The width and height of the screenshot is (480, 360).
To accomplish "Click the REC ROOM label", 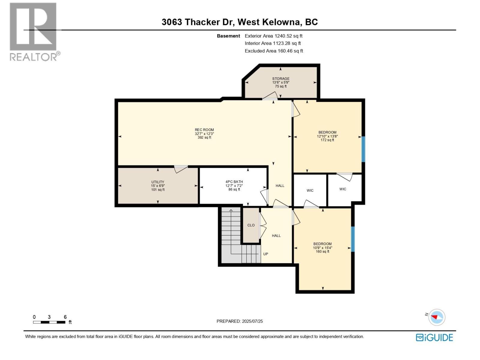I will pos(204,130).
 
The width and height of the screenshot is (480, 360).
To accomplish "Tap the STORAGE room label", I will pos(281,79).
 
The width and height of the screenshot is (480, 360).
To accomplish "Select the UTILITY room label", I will pos(158,182).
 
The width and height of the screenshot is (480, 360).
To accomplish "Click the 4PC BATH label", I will pos(234,181).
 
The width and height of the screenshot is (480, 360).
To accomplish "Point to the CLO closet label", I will pos(251,225).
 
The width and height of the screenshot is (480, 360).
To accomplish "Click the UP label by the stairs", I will pos(265,254).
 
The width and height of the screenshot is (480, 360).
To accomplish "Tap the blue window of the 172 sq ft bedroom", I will pos(363,149).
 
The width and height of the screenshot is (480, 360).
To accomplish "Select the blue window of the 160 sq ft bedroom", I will pos(353,239).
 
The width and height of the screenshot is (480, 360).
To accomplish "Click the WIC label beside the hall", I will pos(310,190).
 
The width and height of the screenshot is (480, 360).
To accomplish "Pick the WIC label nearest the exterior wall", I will pos(343,189).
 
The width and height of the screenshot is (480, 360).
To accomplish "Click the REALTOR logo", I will pos(34,31).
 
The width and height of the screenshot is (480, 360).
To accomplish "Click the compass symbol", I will pos(436,317).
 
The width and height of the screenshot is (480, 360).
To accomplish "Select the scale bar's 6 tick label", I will pos(65,317).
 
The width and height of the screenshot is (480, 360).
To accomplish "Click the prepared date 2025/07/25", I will pos(252,321).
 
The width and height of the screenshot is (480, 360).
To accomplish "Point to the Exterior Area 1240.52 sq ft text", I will pos(274,36).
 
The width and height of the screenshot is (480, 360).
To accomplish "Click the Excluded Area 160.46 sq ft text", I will pos(274,51).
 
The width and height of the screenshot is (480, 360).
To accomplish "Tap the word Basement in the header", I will pos(228,36).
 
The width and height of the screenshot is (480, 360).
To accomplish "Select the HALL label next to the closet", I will pos(276,235).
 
